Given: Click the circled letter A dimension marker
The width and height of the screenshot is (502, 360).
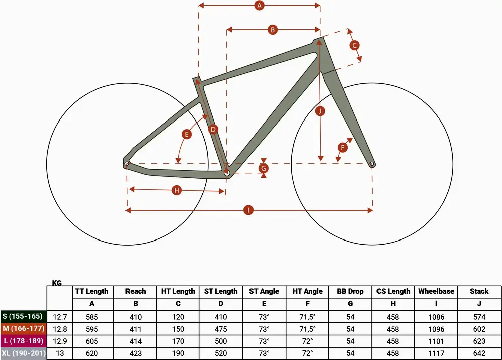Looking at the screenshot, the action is point(260,5).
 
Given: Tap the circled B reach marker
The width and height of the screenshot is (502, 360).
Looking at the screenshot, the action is point(273,30).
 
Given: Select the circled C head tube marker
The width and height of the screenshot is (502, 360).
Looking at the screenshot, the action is point(354,45).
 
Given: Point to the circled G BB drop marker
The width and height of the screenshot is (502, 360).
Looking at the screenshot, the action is point(264,168).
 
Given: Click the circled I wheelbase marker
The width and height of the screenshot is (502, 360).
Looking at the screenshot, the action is point(248,210).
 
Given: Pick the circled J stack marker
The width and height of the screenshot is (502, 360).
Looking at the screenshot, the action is point(320,111).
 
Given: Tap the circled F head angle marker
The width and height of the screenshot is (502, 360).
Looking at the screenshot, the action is point(343,147).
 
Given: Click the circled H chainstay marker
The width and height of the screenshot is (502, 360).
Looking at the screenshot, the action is point(176,190).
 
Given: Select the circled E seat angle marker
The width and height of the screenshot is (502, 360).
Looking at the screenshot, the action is point(186,134).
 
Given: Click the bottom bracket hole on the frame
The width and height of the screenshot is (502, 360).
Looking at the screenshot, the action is point(227,173).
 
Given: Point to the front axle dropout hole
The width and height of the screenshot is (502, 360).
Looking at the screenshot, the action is point(372,164).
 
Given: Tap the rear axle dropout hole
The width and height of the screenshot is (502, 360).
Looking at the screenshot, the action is point(127,164).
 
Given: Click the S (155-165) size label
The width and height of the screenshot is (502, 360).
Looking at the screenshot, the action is point(23,316).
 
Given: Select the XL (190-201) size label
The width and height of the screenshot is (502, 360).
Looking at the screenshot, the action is point(23,353).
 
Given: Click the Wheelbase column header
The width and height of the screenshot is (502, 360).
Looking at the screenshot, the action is point(436,291).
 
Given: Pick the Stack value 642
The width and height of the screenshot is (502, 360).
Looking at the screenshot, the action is point(479,353).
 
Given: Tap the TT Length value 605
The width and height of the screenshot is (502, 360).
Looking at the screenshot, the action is point(92,341).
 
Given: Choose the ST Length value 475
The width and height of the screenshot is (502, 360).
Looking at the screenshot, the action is point(221,329).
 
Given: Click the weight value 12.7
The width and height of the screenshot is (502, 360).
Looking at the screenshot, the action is point(60,317).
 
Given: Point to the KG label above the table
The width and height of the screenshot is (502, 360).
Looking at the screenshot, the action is point(57,283).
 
